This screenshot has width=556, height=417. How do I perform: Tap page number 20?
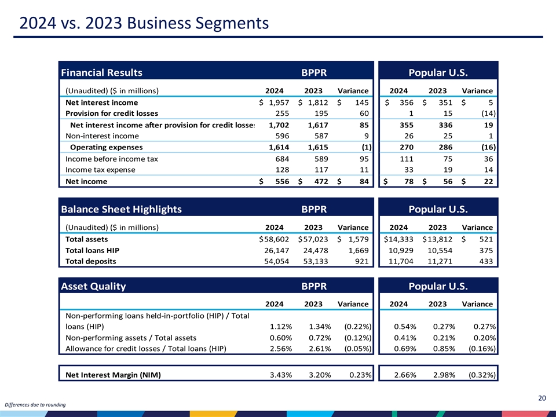click(542, 397)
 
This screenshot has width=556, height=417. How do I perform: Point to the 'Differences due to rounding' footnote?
click(35, 404)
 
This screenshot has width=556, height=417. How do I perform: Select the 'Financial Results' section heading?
click(101, 72)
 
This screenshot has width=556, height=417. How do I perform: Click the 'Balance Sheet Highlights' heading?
click(121, 209)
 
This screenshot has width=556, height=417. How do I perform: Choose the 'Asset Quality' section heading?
click(93, 286)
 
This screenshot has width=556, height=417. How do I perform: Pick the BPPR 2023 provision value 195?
click(323, 114)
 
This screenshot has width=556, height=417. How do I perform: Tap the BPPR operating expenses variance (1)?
click(364, 147)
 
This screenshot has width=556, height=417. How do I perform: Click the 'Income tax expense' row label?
click(101, 170)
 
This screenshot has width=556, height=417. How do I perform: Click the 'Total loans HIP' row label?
click(93, 250)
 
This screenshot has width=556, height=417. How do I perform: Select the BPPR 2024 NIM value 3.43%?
click(281, 374)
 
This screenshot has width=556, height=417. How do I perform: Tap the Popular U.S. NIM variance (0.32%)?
click(481, 374)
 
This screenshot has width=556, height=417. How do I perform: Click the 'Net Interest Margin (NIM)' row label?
click(113, 374)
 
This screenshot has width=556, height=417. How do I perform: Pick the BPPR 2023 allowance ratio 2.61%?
click(320, 349)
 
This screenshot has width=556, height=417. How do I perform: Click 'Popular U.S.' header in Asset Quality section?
click(438, 286)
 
